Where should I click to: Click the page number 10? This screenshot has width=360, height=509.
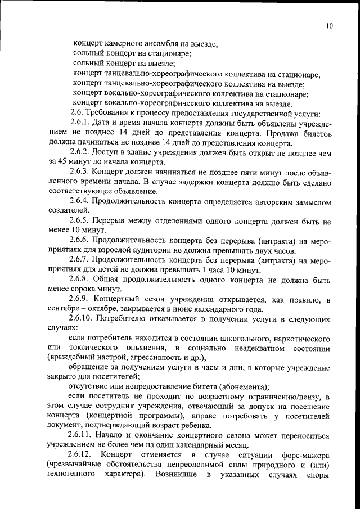coord(329,25)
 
